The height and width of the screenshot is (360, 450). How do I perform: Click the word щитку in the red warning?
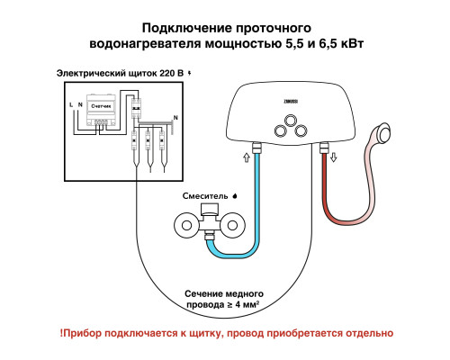[210, 332]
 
